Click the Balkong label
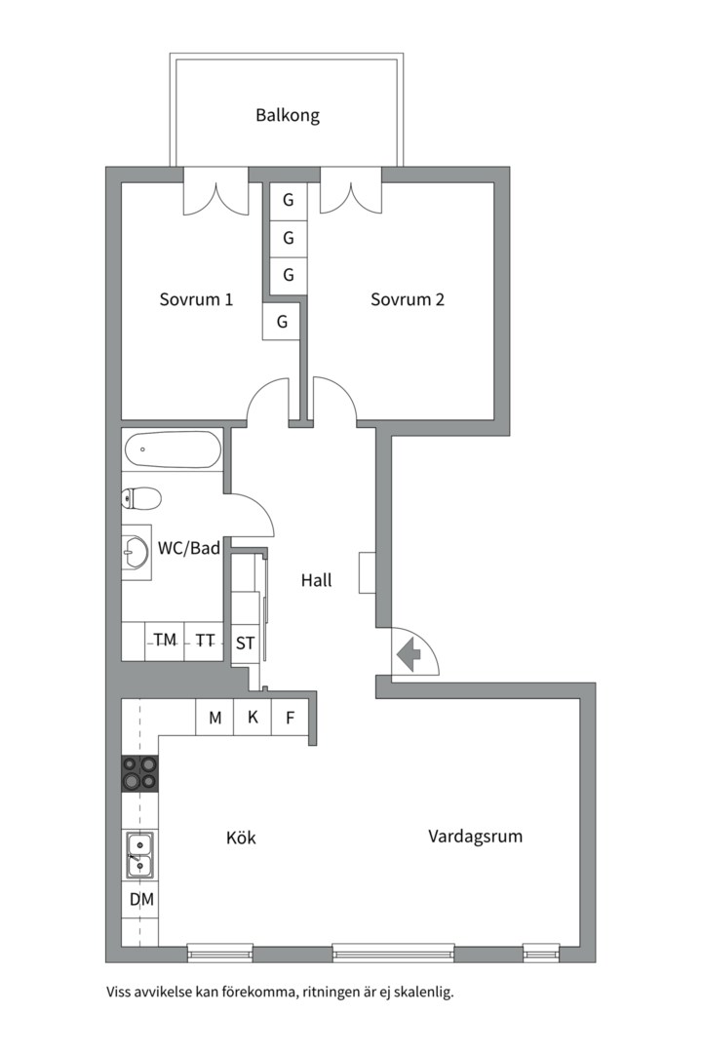(x=288, y=115)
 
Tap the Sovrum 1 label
(x=196, y=299)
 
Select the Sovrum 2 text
(x=408, y=299)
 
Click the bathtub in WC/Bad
(x=172, y=450)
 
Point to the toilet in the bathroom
(x=140, y=499)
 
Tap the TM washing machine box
(x=165, y=641)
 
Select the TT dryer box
(x=205, y=641)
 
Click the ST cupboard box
(x=246, y=643)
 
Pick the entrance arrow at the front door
(x=409, y=653)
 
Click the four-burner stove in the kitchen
(x=139, y=773)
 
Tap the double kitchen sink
(x=139, y=854)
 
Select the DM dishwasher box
(x=141, y=899)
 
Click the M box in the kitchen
(x=214, y=719)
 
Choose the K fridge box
(x=253, y=719)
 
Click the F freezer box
(x=290, y=719)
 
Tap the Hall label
(x=316, y=580)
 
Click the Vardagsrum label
(x=475, y=836)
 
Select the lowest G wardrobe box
(x=282, y=321)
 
